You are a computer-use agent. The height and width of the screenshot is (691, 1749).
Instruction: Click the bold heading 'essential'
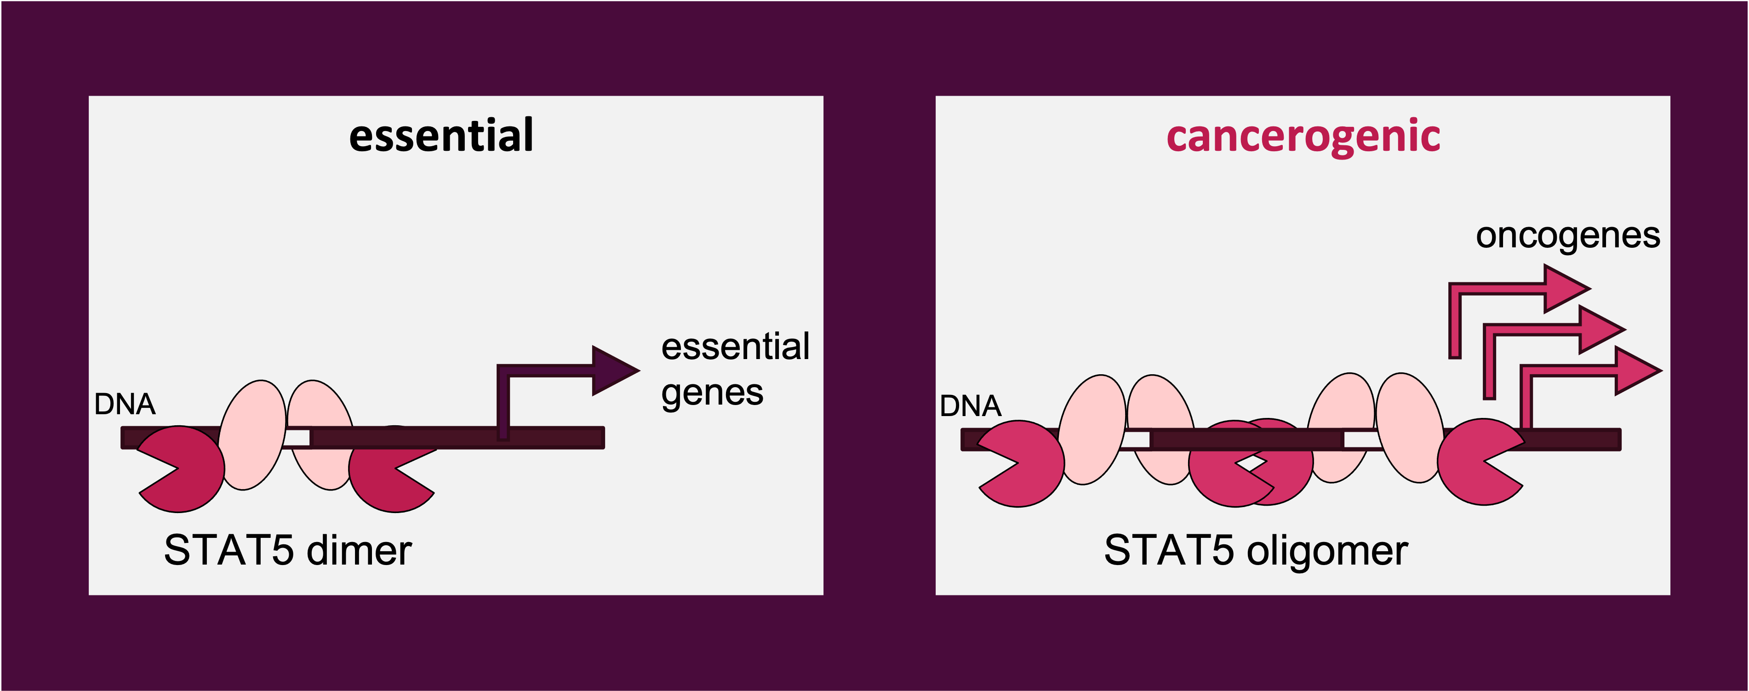(x=441, y=136)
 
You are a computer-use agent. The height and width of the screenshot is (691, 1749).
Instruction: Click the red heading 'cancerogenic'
(x=1303, y=136)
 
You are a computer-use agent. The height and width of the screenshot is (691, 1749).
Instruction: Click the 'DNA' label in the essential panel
(x=125, y=405)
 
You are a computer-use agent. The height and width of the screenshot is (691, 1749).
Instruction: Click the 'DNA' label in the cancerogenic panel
(x=970, y=406)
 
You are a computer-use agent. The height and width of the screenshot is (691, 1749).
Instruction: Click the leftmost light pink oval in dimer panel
(x=252, y=434)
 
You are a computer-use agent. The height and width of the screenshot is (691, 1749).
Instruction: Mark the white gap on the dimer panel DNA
(x=297, y=438)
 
